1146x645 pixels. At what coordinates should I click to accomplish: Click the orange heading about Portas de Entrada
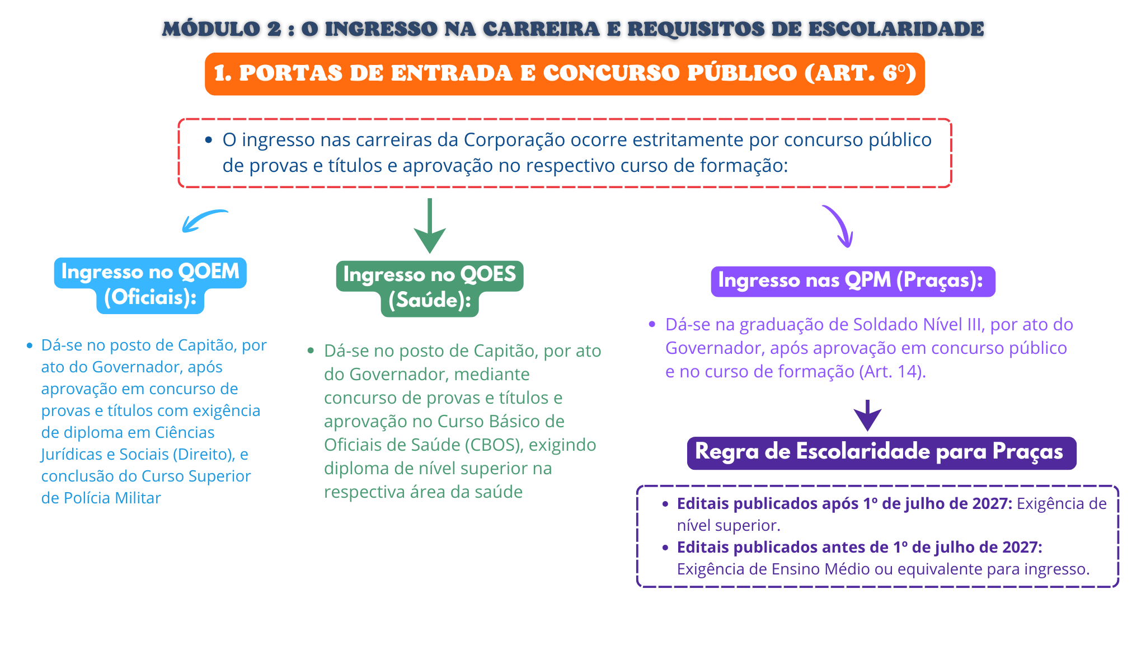[x=565, y=74]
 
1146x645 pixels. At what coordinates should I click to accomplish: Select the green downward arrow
[x=430, y=226]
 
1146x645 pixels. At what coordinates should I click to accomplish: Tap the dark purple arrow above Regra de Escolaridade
[x=867, y=415]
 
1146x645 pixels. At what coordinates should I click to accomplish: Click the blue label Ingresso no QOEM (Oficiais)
[x=151, y=285]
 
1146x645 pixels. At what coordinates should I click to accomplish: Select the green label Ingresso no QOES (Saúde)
[x=430, y=288]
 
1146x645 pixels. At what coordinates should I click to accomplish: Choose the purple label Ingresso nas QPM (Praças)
[x=853, y=281]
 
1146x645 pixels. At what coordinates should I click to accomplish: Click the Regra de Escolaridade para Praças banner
[x=881, y=453]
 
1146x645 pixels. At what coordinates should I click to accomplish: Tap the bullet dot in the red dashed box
[x=209, y=140]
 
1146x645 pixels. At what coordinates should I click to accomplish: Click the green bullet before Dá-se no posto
[x=311, y=351]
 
